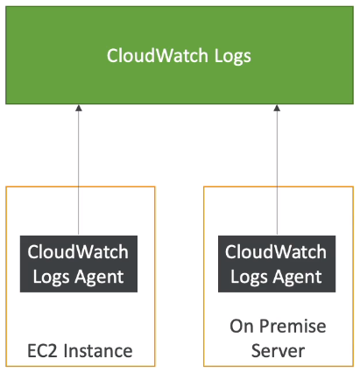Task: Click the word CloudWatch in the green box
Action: [157, 55]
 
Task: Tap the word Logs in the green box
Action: [233, 57]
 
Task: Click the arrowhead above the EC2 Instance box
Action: [79, 108]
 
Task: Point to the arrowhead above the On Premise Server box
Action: [277, 108]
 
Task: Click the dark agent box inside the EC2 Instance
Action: [79, 264]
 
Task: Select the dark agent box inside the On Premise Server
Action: [277, 264]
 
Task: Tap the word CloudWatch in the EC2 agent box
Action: [78, 251]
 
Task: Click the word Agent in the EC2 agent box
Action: [99, 278]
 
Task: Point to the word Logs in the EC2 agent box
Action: [50, 278]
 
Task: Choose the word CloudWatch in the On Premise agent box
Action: [276, 251]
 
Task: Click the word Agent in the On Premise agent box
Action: [297, 278]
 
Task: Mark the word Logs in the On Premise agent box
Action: [249, 278]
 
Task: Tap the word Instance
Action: [98, 351]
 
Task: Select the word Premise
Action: [293, 326]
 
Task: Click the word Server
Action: [278, 351]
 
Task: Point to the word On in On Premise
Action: [242, 326]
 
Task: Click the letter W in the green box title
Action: [166, 55]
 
